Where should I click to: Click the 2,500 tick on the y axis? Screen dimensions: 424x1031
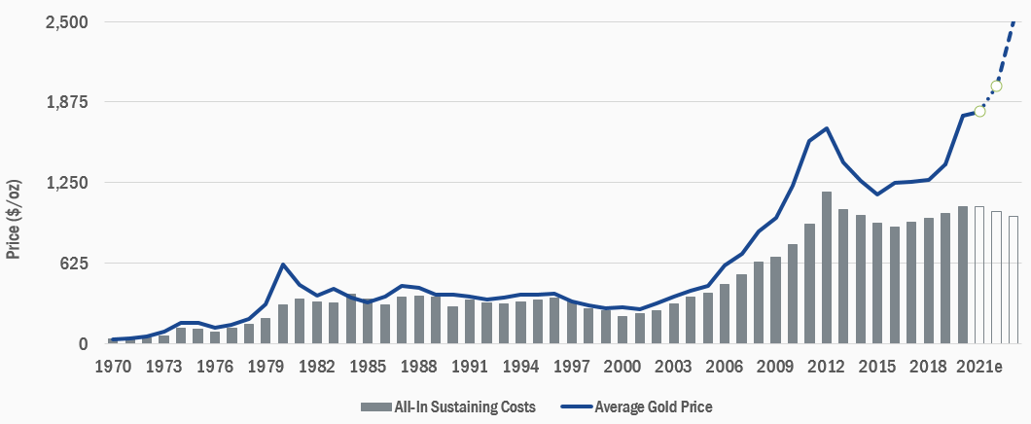coord(65,21)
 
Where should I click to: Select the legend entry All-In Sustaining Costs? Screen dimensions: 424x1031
coord(448,406)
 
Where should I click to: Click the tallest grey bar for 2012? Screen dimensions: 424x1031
coord(827,267)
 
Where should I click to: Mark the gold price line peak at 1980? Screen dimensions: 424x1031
coord(283,265)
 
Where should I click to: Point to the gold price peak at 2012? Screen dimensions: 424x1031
coord(827,128)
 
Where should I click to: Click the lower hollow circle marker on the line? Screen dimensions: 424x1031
coord(979,111)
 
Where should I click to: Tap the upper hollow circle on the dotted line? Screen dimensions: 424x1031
coord(996,87)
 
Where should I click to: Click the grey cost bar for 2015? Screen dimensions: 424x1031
coord(877,283)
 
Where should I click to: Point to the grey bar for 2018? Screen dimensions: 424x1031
coord(929,280)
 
